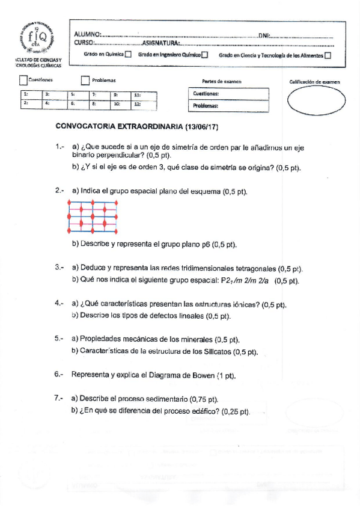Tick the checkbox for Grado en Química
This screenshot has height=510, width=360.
click(x=127, y=55)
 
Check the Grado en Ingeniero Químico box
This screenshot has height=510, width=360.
click(x=205, y=55)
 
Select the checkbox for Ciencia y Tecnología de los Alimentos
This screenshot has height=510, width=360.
click(x=328, y=55)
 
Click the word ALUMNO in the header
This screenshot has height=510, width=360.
click(x=87, y=35)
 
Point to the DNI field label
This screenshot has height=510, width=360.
click(x=265, y=35)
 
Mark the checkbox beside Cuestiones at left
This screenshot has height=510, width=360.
click(x=23, y=80)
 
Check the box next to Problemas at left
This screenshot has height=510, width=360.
click(x=85, y=80)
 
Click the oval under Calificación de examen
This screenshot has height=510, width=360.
click(x=313, y=100)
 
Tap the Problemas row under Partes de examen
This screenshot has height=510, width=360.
click(x=229, y=106)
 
